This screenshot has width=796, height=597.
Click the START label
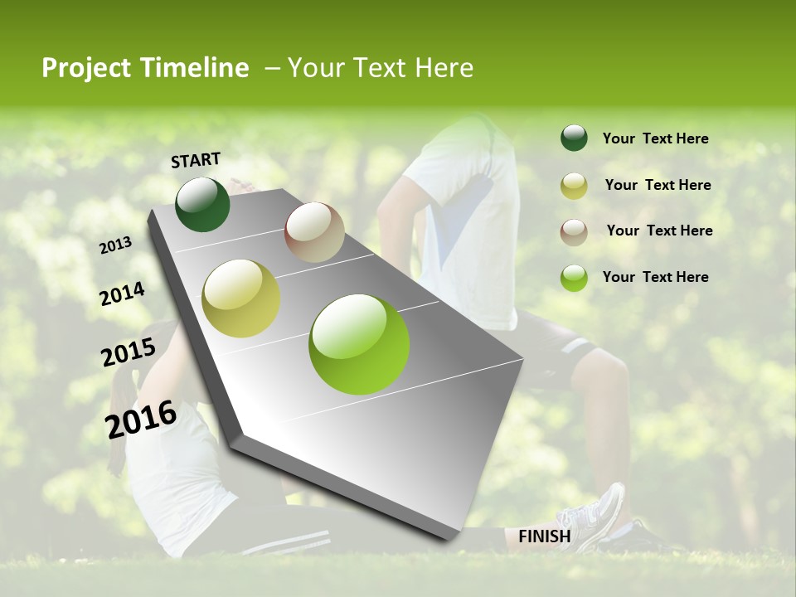196,160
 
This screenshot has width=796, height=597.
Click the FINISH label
544,536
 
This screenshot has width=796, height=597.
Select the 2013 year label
116,245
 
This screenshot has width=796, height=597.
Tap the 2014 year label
122,294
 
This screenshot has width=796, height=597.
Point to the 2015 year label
128,352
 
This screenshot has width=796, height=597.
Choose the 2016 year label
141,419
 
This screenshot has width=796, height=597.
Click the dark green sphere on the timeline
202,204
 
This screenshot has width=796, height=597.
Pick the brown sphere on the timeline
314,232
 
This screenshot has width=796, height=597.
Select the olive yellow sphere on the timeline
241,298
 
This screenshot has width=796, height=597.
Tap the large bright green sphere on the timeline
359,344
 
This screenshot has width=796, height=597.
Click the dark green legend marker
574,138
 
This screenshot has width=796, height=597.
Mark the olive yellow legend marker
574,186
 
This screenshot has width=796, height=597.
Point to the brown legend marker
574,231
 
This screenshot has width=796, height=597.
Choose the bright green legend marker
574,278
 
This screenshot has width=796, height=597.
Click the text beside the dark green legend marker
655,139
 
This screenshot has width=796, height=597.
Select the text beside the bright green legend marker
655,277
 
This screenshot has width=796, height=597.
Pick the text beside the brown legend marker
659,231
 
